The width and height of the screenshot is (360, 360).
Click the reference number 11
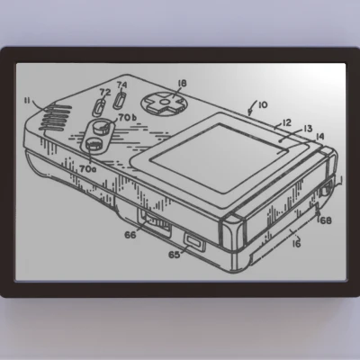click(x=28, y=101)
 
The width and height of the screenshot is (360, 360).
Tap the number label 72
click(x=104, y=92)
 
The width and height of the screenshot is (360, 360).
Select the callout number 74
click(x=122, y=86)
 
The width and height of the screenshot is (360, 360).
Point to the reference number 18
click(x=182, y=83)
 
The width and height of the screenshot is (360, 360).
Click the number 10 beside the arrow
click(x=262, y=103)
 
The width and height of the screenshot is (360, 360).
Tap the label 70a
click(x=87, y=167)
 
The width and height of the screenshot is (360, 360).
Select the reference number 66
click(x=130, y=236)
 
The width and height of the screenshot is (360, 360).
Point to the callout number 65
click(x=174, y=255)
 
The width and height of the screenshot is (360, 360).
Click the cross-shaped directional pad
click(x=165, y=104)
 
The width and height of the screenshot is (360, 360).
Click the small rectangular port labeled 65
click(x=193, y=241)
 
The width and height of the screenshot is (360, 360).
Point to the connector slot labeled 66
click(x=155, y=220)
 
